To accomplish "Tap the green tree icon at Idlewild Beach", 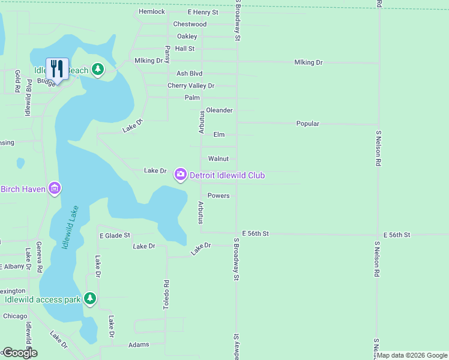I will point(98,70).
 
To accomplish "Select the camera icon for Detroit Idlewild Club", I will point(180,175).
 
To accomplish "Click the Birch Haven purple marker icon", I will point(55,189).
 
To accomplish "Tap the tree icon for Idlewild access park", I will point(90,298).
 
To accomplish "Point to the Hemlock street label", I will point(151,11).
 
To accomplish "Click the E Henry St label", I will point(202,12).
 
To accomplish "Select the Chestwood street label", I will point(190,24).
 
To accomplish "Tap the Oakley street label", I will point(187,37).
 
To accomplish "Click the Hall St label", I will point(185,49).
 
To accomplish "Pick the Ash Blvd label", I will point(189,73).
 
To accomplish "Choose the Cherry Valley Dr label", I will point(190,86).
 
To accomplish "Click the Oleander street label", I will point(219,110).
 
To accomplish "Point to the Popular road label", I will point(307,124).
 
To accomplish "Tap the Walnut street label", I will point(218,159).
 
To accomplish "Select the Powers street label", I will point(218,196).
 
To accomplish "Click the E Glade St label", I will point(115,236).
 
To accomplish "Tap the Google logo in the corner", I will point(19,353).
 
